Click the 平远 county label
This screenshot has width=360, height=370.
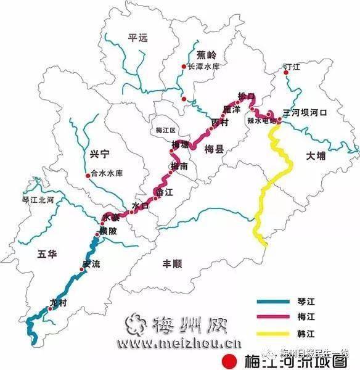(x=139, y=38)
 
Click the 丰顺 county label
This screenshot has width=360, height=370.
(x=172, y=263)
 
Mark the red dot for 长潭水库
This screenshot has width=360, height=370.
(x=183, y=67)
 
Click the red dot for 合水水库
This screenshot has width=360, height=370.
(x=87, y=175)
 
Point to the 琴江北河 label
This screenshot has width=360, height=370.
(x=38, y=200)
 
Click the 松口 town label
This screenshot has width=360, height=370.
(x=246, y=96)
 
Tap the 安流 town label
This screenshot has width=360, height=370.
(x=91, y=265)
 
